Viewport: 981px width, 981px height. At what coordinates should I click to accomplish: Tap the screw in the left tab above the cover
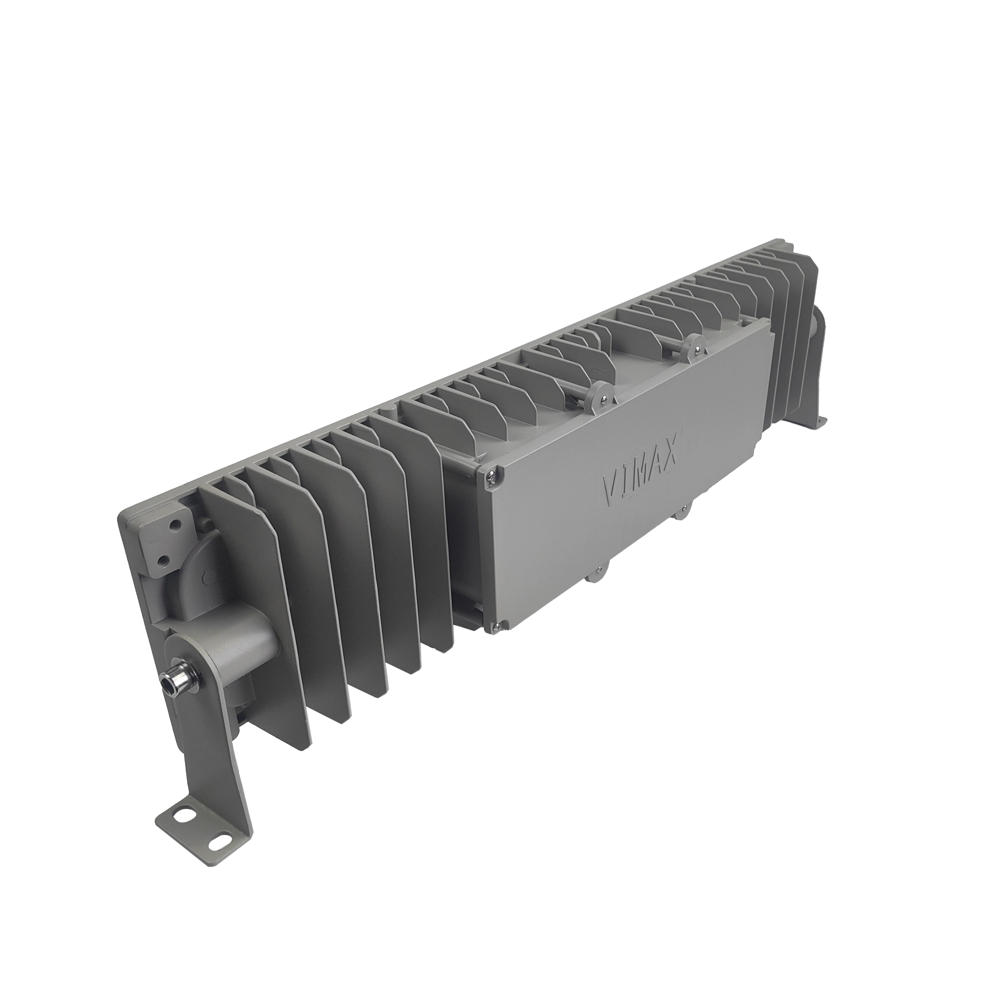[602, 399]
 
